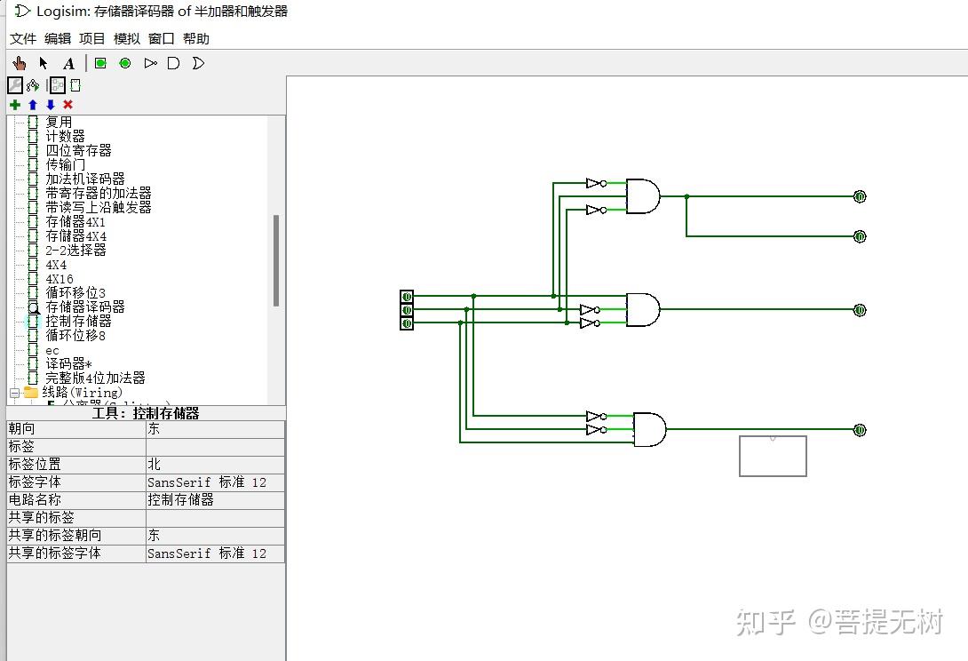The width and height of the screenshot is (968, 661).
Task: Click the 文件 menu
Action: point(23,39)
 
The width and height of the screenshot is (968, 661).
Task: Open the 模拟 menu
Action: point(127,39)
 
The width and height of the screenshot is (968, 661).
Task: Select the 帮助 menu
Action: point(196,39)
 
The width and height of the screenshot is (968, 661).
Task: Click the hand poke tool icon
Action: point(20,63)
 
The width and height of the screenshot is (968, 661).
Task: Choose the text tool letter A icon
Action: point(68,63)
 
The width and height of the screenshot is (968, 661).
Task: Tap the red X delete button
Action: point(67,105)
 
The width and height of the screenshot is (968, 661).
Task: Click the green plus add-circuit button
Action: point(15,105)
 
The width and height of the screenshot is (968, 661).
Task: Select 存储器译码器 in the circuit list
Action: point(84,307)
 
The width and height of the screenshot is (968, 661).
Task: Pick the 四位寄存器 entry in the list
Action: point(78,151)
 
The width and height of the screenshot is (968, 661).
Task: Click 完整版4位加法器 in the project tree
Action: point(95,378)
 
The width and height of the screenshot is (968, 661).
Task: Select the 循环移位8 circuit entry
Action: point(75,336)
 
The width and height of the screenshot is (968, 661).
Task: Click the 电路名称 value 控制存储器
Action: point(180,500)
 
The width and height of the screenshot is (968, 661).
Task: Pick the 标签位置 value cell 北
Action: point(155,465)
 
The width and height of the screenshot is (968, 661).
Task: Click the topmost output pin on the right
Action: point(859,196)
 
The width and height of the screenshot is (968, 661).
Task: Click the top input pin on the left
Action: point(407,297)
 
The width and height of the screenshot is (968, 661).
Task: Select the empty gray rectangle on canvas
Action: point(773,457)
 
